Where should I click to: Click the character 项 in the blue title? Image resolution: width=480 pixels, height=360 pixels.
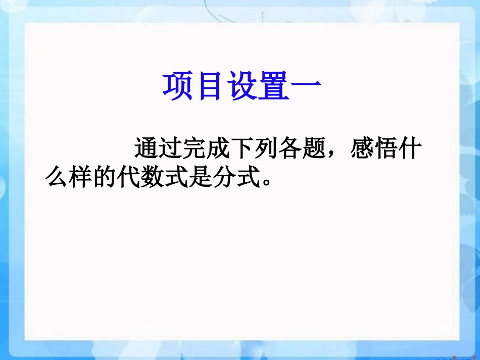[x=178, y=86]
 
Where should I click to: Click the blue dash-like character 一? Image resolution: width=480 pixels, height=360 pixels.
[x=306, y=86]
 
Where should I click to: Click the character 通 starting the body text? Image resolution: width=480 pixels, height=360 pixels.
[x=147, y=149]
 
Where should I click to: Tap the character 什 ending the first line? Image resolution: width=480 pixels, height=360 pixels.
[x=408, y=149]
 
